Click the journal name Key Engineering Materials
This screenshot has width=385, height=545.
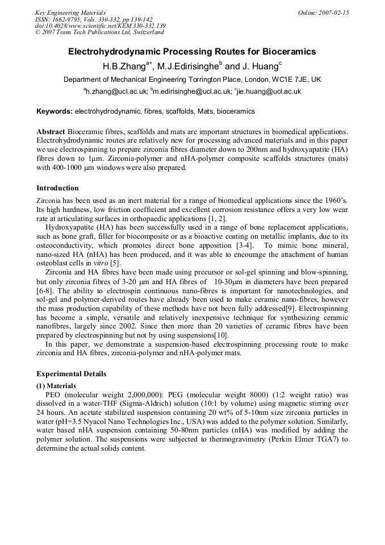click(x=70, y=13)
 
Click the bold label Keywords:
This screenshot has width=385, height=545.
click(x=55, y=111)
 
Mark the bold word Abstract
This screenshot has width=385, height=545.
click(x=51, y=132)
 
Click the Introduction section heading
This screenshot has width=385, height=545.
click(x=57, y=188)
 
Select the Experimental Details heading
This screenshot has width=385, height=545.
click(x=71, y=374)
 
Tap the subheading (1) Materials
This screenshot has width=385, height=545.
click(x=57, y=385)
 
